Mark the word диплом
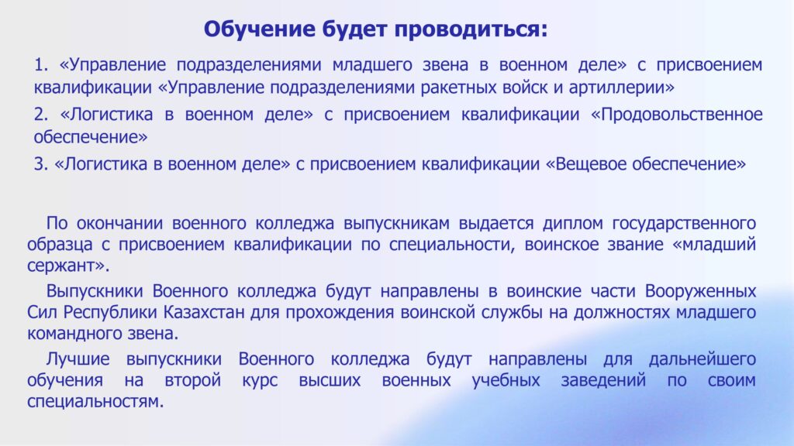tap(572, 223)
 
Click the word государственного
tap(684, 223)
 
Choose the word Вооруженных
tap(700, 291)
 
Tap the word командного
tap(71, 334)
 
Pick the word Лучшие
tap(78, 359)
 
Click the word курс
tap(260, 380)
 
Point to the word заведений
tap(603, 380)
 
